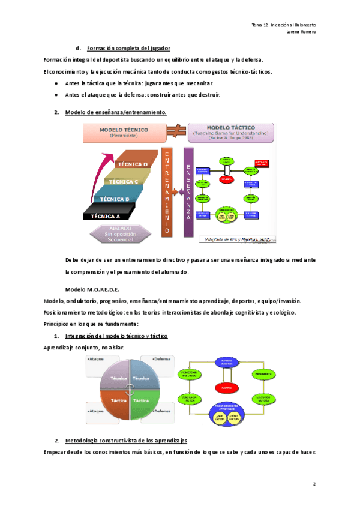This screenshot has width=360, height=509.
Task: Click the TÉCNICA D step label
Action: pyautogui.click(x=133, y=164)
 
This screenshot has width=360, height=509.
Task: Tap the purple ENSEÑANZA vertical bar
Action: pyautogui.click(x=188, y=191)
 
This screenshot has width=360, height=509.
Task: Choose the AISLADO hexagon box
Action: pyautogui.click(x=124, y=234)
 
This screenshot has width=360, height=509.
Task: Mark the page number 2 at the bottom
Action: pyautogui.click(x=314, y=483)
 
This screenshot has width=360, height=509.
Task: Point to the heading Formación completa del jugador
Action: pyautogui.click(x=128, y=48)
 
